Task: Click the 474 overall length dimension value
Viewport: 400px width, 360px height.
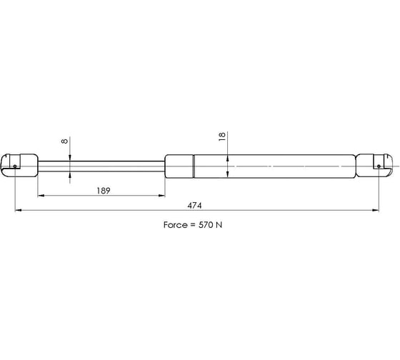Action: click(194, 206)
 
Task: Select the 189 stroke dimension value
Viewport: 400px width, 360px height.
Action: click(104, 191)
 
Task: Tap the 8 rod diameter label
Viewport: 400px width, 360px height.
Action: click(65, 141)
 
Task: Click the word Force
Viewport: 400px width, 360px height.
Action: click(175, 225)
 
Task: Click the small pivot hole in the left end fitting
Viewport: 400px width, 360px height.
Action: click(15, 166)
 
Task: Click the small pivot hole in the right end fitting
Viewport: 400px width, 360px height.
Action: click(379, 166)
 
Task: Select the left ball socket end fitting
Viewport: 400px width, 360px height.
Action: click(19, 165)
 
